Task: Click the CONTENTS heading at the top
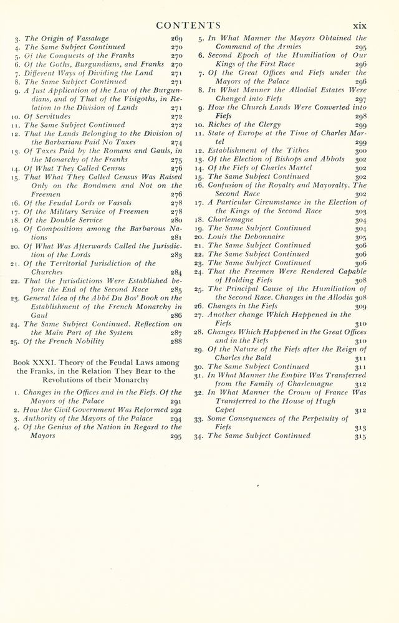coord(188,26)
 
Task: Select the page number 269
coord(176,38)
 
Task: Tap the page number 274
coord(176,142)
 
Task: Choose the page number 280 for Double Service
coord(176,220)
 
